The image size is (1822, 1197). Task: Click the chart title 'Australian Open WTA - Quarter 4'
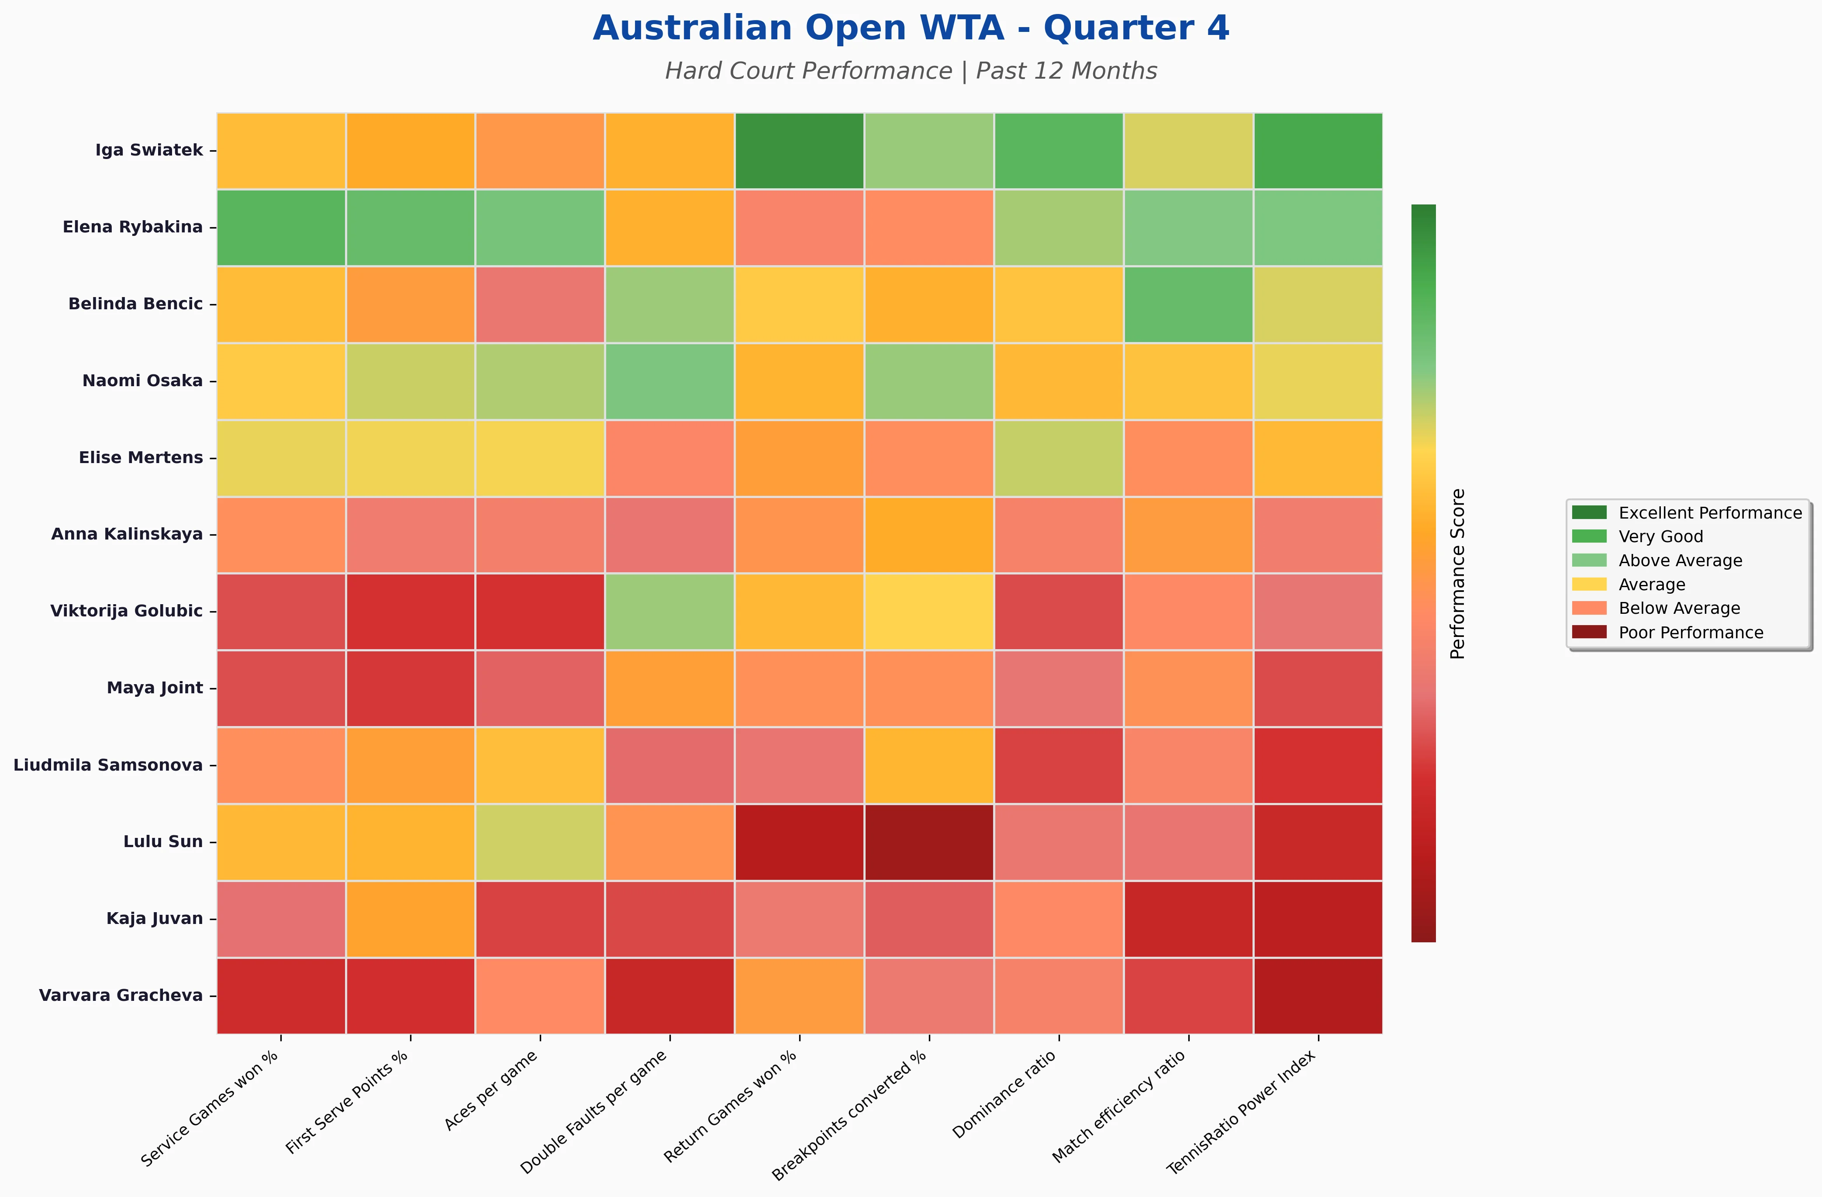coord(910,28)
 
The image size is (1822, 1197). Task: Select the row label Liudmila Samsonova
coord(108,765)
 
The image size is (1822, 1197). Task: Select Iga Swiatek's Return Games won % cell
coord(799,151)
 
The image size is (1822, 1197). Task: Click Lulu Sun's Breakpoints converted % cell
coord(928,842)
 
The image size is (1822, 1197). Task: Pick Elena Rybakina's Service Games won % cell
coord(281,228)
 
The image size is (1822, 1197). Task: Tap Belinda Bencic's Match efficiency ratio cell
coord(1188,304)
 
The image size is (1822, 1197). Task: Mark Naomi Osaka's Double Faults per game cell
coord(670,381)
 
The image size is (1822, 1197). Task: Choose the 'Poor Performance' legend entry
coord(1690,633)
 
